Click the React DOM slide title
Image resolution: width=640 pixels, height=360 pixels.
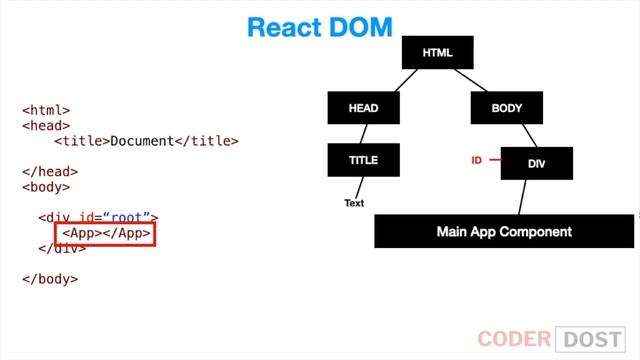click(319, 27)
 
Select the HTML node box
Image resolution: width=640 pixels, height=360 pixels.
click(437, 52)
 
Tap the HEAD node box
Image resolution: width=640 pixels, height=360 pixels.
click(363, 108)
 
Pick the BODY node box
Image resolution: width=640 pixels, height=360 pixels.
click(506, 108)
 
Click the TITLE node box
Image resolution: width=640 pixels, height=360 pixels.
click(363, 160)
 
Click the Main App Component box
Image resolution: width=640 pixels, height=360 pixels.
click(504, 231)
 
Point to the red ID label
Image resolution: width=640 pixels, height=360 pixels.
click(477, 160)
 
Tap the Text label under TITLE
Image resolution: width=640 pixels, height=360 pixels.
click(354, 203)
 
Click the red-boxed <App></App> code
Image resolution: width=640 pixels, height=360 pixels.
click(106, 234)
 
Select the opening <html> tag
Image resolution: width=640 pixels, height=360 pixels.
click(46, 111)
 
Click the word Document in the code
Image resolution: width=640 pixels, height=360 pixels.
click(142, 141)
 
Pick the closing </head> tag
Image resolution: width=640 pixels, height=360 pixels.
click(50, 172)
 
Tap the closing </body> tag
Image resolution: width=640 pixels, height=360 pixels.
click(50, 279)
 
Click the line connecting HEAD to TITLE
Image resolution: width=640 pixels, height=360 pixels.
click(364, 134)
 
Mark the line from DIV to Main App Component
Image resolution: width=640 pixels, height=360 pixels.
click(520, 196)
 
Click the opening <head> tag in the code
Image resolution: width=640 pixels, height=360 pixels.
click(46, 126)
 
